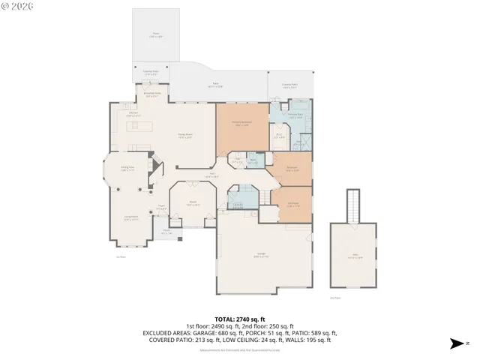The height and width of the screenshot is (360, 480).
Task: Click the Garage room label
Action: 262,255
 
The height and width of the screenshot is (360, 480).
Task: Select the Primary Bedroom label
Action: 242,123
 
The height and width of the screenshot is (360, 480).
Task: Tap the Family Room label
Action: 184,136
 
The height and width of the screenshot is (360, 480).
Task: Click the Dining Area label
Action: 127,169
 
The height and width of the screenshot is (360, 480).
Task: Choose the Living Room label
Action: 130,218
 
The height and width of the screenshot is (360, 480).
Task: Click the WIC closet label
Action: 279,136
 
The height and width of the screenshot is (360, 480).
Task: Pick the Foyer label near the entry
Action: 161,209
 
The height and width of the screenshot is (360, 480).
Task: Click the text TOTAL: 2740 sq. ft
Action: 240,319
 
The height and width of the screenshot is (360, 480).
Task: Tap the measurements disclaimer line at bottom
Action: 240,349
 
